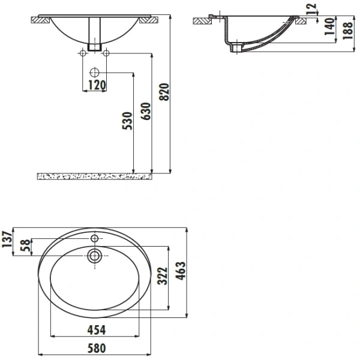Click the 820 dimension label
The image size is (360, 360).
[164, 92]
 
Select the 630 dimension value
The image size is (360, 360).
[146, 112]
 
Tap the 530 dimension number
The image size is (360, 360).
[127, 121]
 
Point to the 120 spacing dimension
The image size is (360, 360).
[97, 85]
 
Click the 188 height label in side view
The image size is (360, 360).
[347, 31]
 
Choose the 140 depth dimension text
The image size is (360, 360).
[329, 26]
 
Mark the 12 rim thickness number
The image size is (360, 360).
[311, 9]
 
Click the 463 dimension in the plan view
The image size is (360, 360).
[181, 271]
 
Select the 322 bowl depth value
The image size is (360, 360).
[163, 276]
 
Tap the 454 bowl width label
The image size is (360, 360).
[97, 330]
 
